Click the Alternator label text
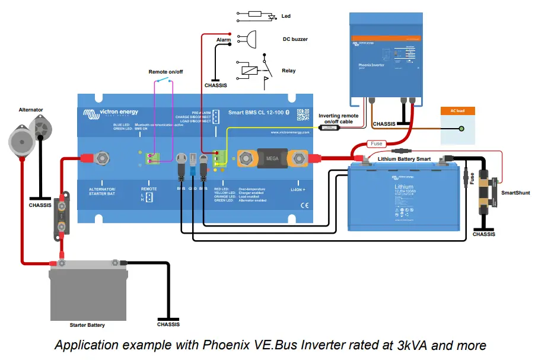(x=31, y=110)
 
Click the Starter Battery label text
(x=87, y=325)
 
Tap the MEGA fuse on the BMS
(x=272, y=158)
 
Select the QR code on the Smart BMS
(x=303, y=115)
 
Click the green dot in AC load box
(x=461, y=128)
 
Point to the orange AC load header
(x=457, y=111)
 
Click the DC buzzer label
(x=295, y=40)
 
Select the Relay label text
(x=288, y=71)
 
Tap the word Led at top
(x=286, y=16)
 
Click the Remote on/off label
(x=165, y=72)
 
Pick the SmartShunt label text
(x=515, y=193)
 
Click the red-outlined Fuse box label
(x=376, y=144)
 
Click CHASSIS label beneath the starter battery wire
(x=168, y=324)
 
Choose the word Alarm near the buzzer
(x=223, y=40)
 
